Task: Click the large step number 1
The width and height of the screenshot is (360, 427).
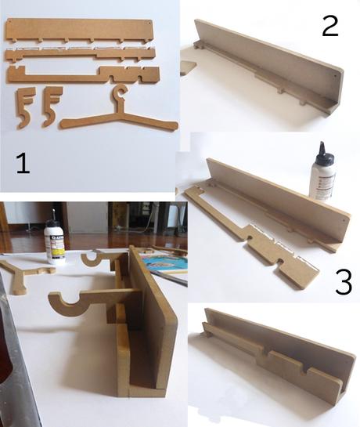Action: (23, 163)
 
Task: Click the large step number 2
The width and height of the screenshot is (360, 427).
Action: (330, 26)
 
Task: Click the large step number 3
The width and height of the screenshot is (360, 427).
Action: (344, 282)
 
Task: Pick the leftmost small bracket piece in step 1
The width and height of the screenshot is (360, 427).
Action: (25, 107)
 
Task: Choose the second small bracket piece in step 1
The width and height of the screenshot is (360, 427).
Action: (52, 107)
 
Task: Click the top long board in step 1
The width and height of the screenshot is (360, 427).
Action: (79, 30)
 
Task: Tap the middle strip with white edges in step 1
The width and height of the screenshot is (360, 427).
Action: (81, 54)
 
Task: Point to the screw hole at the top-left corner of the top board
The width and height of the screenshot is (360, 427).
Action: (9, 21)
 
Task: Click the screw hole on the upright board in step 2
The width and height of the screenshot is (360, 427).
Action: (335, 76)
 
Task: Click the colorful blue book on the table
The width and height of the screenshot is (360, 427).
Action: (165, 262)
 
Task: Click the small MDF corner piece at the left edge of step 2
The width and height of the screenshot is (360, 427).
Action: (188, 68)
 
